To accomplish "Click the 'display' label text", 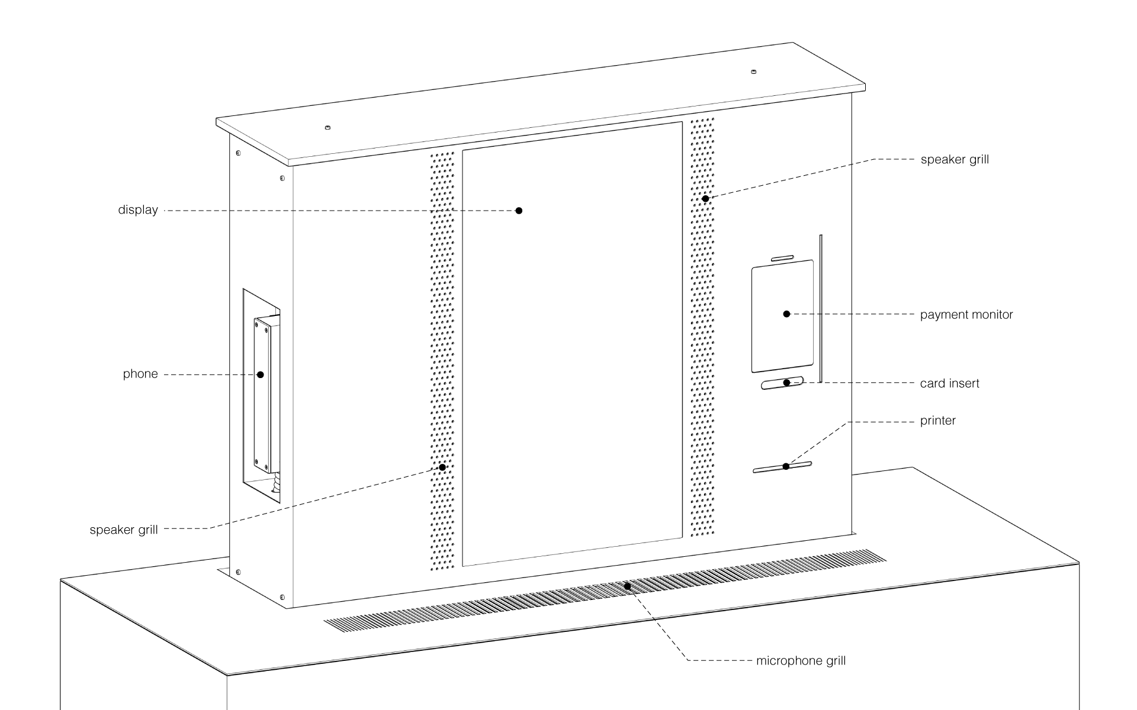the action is (x=138, y=210).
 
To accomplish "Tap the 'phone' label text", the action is (x=140, y=374).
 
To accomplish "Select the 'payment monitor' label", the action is (x=966, y=315).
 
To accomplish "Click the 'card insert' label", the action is (x=950, y=383).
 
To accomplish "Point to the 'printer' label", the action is (x=938, y=421).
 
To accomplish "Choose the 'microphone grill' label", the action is (x=801, y=661).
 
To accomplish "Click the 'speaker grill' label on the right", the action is (x=955, y=160).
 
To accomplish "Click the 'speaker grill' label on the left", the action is (x=124, y=530).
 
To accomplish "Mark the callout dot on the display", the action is (x=519, y=211).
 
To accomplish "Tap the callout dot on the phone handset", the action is (x=260, y=375).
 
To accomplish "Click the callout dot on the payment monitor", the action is (x=786, y=314).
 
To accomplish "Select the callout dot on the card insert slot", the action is (x=786, y=383).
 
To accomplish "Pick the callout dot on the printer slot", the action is (x=786, y=466).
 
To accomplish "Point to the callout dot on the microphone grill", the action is (x=627, y=586).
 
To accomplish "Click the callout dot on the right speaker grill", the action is (x=705, y=199).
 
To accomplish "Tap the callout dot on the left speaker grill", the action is (x=442, y=467).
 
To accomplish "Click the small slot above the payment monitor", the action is (x=782, y=258).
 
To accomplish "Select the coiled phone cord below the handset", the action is (x=275, y=482).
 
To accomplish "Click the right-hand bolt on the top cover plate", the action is (x=753, y=72).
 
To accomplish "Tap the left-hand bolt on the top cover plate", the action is (x=327, y=127).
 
